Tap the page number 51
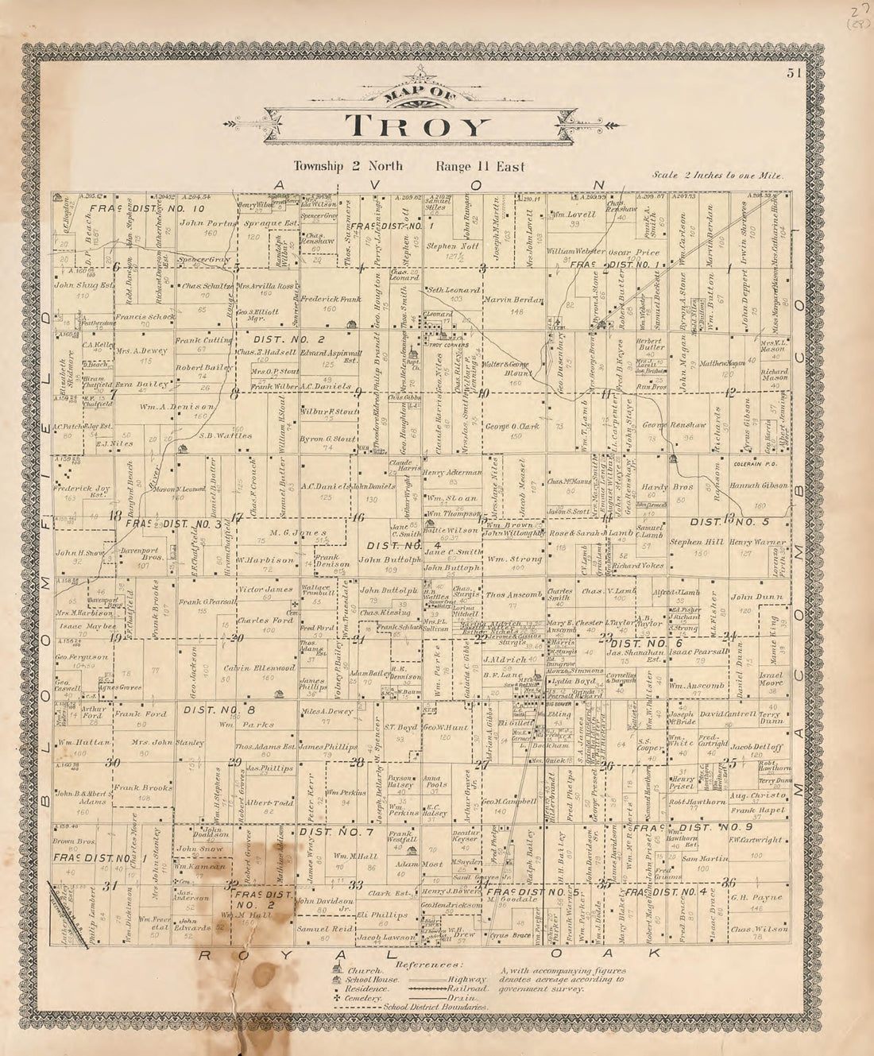tap(793, 73)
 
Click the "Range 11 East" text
tap(479, 167)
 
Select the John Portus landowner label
tap(208, 223)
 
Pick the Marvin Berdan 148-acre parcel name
tap(513, 300)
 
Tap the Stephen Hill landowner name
tap(697, 543)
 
